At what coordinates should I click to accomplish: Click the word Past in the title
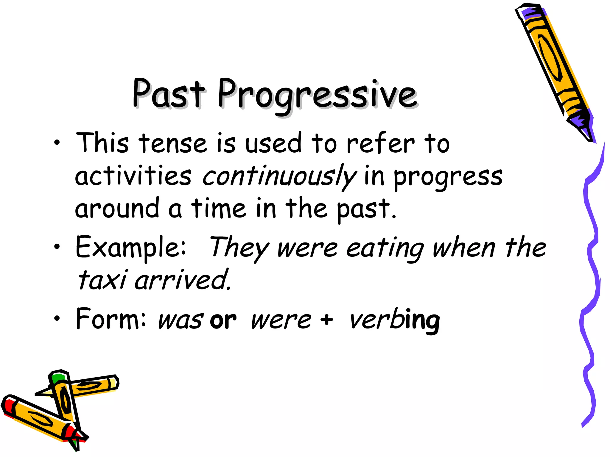[x=169, y=94]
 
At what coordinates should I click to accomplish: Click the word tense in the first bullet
[x=173, y=144]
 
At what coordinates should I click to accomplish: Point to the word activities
[x=133, y=176]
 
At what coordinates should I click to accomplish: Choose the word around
[x=117, y=208]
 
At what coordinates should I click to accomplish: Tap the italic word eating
[x=385, y=248]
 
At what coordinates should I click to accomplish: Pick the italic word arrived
[x=183, y=280]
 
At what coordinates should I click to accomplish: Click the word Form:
[x=111, y=319]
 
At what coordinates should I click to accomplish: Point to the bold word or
[x=223, y=321]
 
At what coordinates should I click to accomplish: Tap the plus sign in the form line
[x=327, y=320]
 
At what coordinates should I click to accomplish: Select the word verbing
[x=395, y=321]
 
